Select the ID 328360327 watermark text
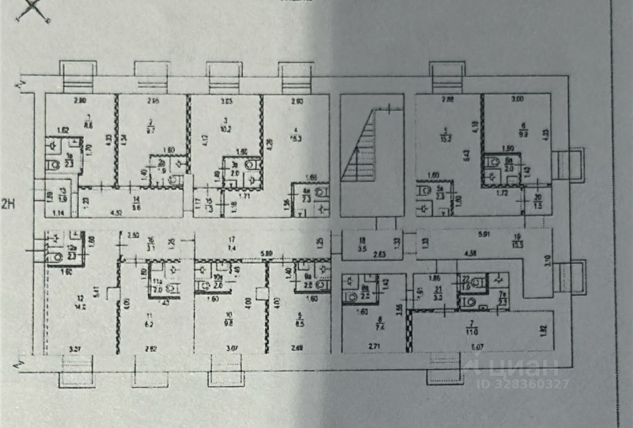[523, 384]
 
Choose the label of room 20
[538, 201]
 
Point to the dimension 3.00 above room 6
[517, 99]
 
